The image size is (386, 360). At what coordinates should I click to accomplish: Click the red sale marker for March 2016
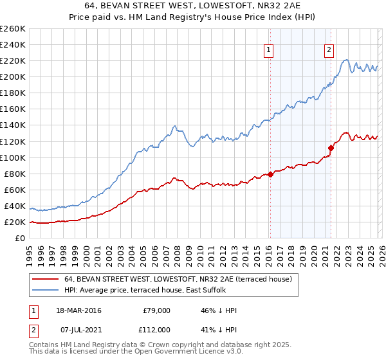(270, 174)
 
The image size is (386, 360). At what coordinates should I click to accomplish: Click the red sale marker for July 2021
(330, 147)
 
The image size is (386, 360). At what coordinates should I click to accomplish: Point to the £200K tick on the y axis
(12, 76)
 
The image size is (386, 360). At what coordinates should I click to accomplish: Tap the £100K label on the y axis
(12, 157)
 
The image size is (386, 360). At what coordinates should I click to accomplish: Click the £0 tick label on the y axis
(20, 238)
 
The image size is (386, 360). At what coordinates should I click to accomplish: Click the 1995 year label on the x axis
(29, 252)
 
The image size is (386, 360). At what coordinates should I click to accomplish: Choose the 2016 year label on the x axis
(268, 252)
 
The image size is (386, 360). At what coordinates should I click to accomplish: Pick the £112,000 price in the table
(155, 329)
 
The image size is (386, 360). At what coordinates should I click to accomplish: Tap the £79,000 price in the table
(156, 310)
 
